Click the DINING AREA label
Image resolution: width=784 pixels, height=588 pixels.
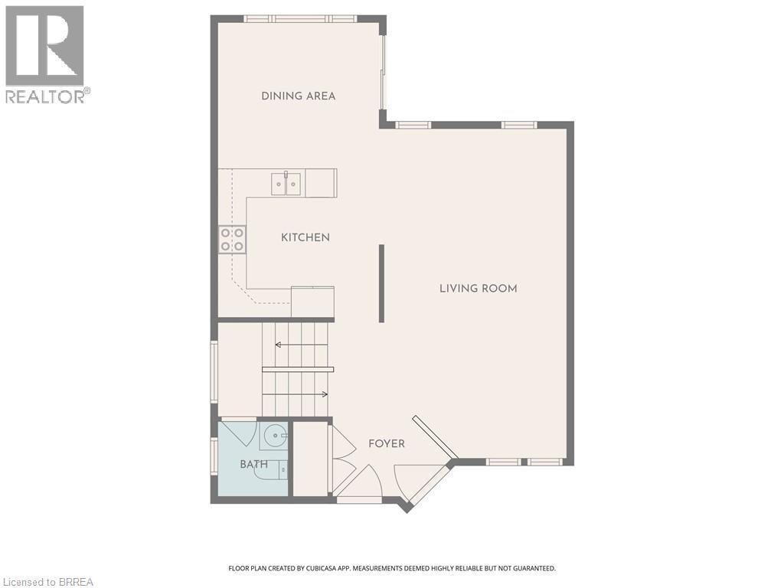click(298, 96)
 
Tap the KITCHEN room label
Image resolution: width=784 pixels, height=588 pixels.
click(305, 237)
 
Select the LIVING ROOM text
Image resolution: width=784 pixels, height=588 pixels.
click(478, 289)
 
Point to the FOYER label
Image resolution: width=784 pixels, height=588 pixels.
click(386, 443)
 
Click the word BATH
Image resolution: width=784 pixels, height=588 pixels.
click(253, 464)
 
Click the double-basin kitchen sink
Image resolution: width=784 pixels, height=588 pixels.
click(286, 184)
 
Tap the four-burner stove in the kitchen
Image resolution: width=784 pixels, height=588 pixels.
click(232, 239)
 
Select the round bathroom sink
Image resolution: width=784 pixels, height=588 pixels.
click(273, 437)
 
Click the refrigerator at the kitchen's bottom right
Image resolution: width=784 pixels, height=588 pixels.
click(312, 302)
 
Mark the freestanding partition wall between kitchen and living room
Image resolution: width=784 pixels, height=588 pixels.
click(381, 283)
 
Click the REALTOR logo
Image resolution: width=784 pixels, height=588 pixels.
click(46, 54)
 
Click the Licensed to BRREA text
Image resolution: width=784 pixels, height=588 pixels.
click(47, 582)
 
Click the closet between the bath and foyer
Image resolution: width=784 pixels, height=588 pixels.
click(310, 458)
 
